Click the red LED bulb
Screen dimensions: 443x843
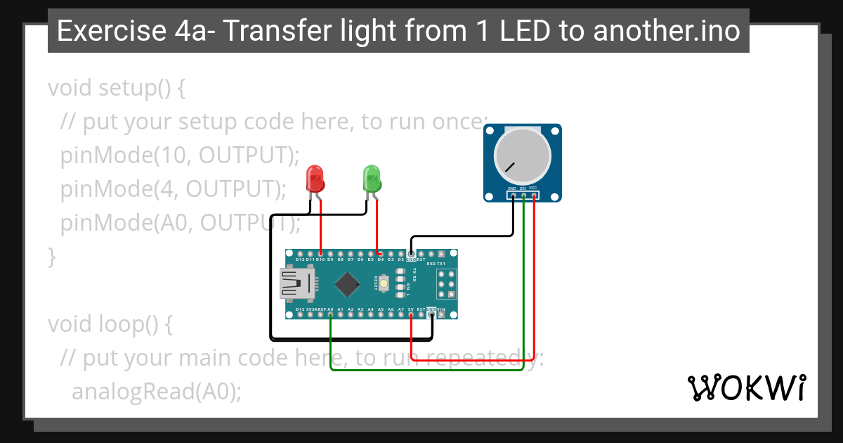click(x=315, y=179)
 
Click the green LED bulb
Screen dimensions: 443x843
click(x=372, y=179)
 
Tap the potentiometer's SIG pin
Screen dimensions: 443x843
click(x=523, y=195)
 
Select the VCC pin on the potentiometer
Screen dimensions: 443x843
click(x=534, y=195)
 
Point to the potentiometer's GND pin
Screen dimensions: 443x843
click(x=512, y=195)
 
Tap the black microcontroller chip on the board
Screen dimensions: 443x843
click(x=348, y=283)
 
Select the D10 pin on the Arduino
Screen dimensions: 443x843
click(x=320, y=254)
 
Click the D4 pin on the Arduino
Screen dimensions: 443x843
click(x=380, y=254)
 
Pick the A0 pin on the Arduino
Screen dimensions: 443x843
click(x=330, y=314)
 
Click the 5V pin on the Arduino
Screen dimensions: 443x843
click(x=411, y=314)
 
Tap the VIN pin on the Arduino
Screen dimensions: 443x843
click(x=441, y=314)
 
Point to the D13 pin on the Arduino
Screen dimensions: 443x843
click(x=300, y=314)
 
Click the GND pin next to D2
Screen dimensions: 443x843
click(x=411, y=254)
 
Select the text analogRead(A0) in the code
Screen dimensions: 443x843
click(x=156, y=392)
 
